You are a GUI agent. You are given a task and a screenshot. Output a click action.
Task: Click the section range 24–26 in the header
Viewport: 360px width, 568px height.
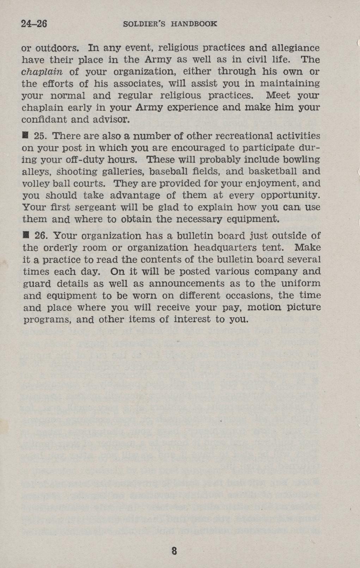pos(34,24)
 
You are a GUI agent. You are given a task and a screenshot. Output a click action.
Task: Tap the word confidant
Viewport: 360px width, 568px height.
pos(44,120)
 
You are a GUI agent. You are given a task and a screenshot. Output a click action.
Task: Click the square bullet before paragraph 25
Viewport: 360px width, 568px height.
pos(25,136)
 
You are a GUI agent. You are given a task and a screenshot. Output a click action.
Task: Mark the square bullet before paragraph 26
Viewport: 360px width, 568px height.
pos(25,235)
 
